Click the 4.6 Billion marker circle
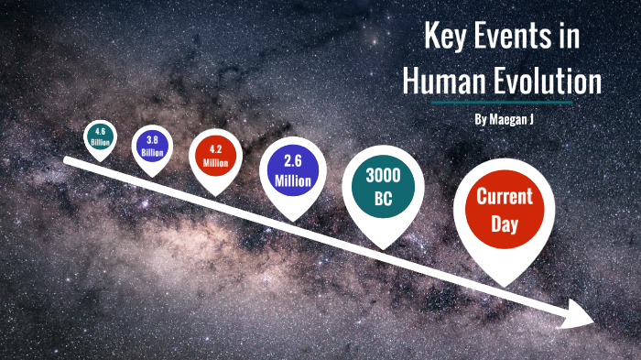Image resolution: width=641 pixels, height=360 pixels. [x=101, y=137]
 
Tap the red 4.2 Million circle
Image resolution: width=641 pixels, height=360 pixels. [x=215, y=156]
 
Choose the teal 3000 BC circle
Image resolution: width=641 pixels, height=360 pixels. [x=384, y=184]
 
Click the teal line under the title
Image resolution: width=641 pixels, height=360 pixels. [x=502, y=103]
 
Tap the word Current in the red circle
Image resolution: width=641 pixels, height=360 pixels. [x=505, y=195]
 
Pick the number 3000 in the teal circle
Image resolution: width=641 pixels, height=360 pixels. [x=384, y=174]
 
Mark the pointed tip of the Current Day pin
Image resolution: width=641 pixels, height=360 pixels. [x=504, y=282]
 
